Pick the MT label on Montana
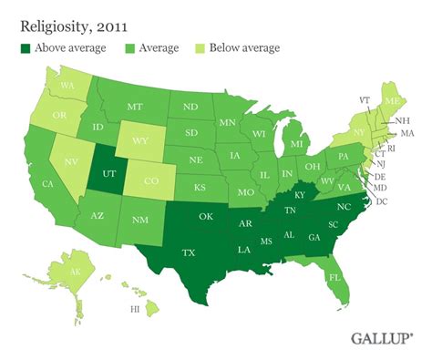pos(135,107)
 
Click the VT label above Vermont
pos(365,99)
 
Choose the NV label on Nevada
pos(68,168)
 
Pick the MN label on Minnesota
pos(228,122)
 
